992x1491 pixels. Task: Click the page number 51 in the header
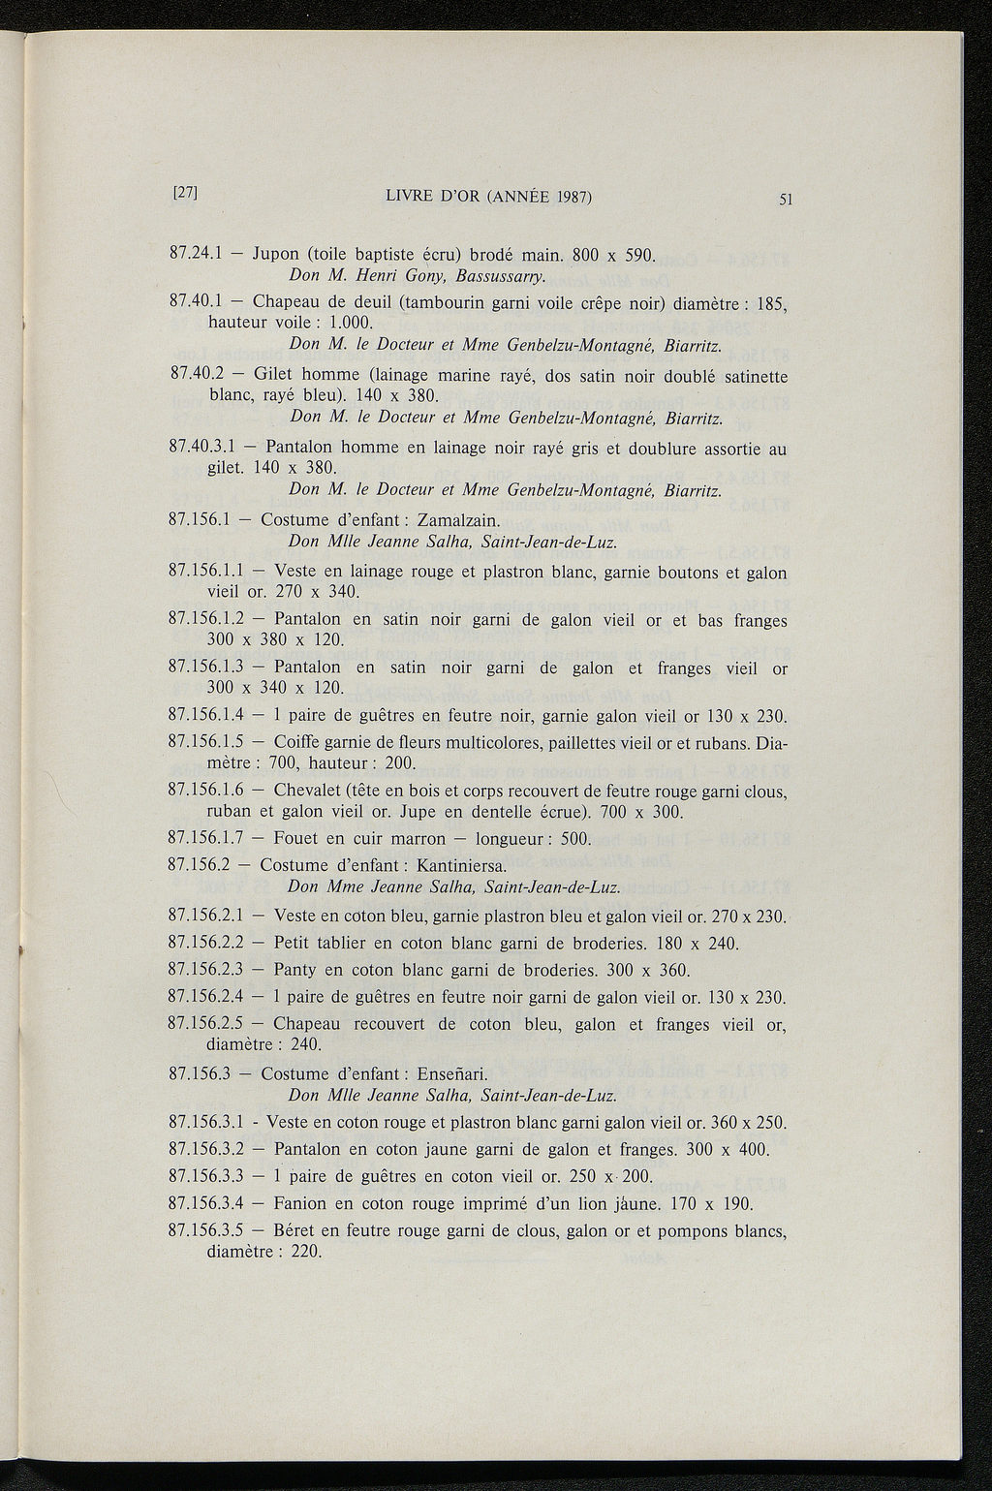pos(786,201)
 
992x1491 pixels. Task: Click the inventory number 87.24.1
pos(197,256)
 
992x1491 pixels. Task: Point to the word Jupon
pos(278,257)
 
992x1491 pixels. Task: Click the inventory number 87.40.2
pos(197,375)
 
